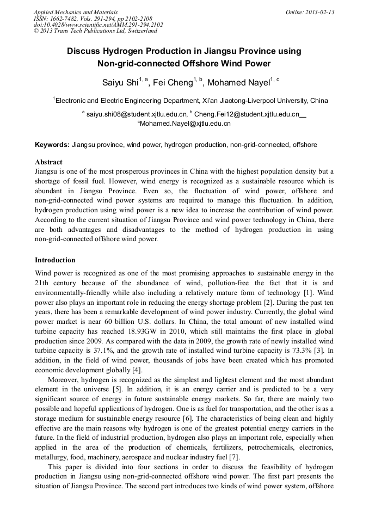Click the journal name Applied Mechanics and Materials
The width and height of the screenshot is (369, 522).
click(76, 12)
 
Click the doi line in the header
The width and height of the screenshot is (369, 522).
click(98, 24)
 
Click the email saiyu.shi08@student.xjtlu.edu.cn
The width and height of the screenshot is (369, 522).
click(136, 114)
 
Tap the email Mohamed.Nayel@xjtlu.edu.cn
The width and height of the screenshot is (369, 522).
click(185, 124)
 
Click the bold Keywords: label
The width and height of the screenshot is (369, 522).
click(52, 145)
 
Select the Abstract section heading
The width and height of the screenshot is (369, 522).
click(48, 162)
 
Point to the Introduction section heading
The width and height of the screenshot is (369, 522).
click(55, 260)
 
